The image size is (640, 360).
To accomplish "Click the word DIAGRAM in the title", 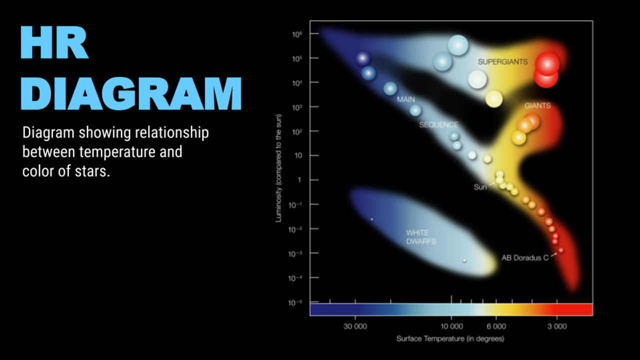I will point(131,93).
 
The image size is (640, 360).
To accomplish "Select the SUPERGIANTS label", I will point(502,62).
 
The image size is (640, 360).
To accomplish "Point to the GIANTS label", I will point(537,106).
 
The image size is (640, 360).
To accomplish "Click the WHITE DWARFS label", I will point(421,237).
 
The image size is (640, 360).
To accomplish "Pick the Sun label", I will point(480,187).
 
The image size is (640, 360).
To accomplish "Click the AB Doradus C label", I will point(525,258).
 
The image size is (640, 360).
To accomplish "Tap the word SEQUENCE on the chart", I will point(438,124).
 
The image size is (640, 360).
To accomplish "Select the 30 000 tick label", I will point(355,326).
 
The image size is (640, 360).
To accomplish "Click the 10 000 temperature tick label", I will point(451,326).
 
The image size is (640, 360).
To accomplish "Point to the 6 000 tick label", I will point(496,326).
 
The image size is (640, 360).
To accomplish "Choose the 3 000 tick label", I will point(556,326).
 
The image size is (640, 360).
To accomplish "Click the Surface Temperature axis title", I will point(450,338).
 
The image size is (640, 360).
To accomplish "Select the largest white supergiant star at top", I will point(457,45).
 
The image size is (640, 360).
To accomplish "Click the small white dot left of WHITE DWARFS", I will point(371,219).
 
